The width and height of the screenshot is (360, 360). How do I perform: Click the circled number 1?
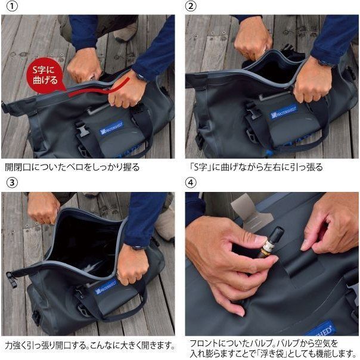click(x=12, y=6)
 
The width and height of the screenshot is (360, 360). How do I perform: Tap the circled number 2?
click(x=191, y=6)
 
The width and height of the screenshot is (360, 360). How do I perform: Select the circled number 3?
click(x=12, y=183)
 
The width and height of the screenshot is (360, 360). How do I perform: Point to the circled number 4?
click(x=191, y=183)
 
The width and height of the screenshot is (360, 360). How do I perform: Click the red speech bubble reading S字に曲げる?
click(x=45, y=75)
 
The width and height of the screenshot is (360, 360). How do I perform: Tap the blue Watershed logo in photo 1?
click(x=111, y=128)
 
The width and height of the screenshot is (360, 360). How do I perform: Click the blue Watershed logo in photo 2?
click(x=284, y=112)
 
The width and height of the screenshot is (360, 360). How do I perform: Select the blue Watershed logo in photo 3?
click(x=105, y=287)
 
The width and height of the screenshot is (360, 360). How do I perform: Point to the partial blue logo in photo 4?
click(x=321, y=329)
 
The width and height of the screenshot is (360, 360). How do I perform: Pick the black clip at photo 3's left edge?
click(x=12, y=280)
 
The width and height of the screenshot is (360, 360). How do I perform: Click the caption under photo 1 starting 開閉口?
click(x=72, y=167)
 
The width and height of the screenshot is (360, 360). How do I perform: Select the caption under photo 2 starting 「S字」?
click(x=256, y=167)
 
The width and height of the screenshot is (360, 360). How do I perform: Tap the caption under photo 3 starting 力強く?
click(x=90, y=345)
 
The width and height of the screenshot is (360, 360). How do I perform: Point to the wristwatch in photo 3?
click(x=137, y=247)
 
